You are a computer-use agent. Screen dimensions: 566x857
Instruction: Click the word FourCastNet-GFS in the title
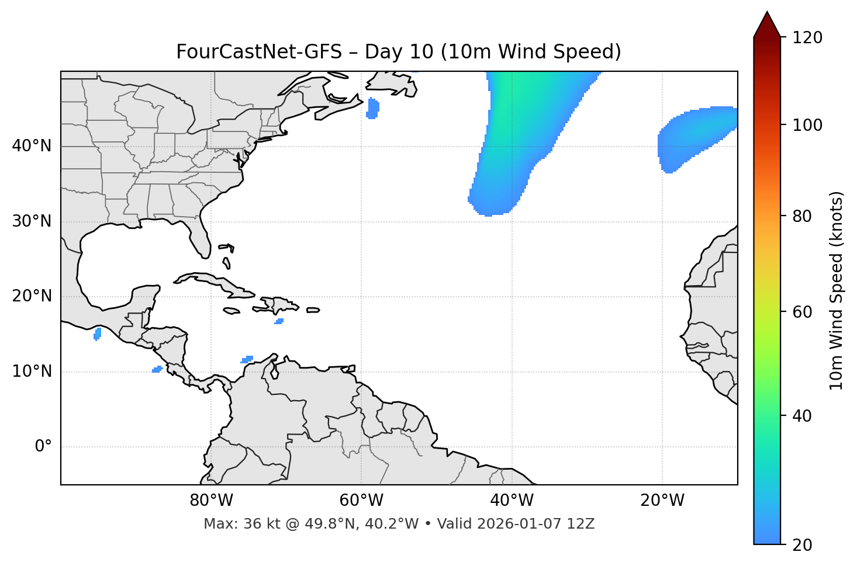coord(258,52)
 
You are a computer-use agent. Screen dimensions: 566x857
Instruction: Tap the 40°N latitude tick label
coord(32,146)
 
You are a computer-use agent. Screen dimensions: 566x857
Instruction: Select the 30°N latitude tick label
coord(32,221)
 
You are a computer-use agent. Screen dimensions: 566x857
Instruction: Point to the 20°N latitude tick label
coord(32,296)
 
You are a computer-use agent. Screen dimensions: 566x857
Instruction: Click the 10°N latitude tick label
coord(32,371)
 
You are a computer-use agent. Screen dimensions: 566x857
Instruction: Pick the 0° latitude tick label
coord(43,447)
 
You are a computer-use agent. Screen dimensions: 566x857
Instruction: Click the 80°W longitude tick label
coord(211,501)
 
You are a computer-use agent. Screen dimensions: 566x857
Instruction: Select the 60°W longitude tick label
coord(361,501)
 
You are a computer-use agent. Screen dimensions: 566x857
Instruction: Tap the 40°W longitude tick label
coord(512,501)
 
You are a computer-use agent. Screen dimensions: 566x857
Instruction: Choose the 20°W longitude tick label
coord(662,501)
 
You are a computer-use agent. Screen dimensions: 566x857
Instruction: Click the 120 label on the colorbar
coord(807,38)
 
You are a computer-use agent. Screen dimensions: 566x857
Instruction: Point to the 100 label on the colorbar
coord(807,125)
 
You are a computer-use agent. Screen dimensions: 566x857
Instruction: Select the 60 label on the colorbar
coord(803,312)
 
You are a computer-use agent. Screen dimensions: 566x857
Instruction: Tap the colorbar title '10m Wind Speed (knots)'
coord(837,291)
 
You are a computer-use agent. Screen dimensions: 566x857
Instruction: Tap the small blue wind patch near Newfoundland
coord(372,109)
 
